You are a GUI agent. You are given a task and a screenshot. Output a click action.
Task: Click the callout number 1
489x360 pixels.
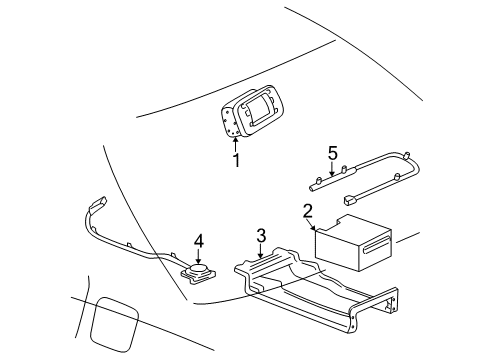[x=237, y=161]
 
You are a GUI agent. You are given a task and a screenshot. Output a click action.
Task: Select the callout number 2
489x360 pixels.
[x=309, y=211]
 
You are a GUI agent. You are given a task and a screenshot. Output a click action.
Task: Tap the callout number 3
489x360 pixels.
[x=261, y=236]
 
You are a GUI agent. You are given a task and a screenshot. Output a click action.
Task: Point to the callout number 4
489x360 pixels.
[x=199, y=240]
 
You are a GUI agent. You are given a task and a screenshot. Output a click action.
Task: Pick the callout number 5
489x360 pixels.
[x=332, y=152]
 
